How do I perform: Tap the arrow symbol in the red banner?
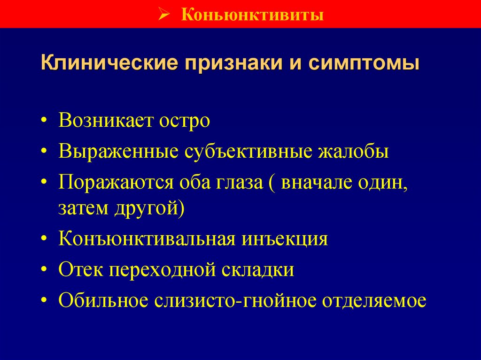[163, 14]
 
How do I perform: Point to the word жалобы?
[353, 152]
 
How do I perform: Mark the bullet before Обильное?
[44, 300]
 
